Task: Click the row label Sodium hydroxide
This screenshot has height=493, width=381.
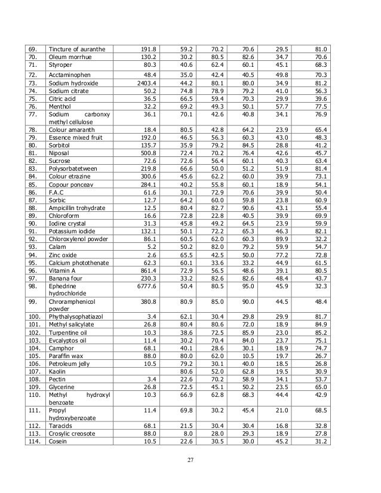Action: coord(73,83)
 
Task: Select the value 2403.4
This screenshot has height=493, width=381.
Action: coord(146,83)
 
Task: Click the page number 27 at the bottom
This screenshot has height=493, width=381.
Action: coord(190,459)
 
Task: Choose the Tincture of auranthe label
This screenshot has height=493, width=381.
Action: coord(77,49)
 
